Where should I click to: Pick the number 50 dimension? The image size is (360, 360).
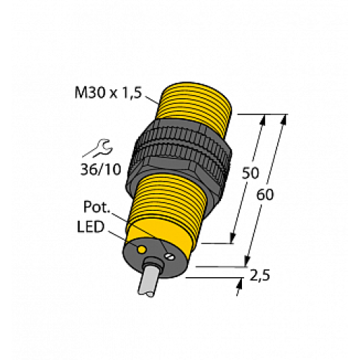pyautogui.click(x=249, y=174)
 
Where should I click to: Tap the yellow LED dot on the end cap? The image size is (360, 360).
pyautogui.click(x=142, y=249)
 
